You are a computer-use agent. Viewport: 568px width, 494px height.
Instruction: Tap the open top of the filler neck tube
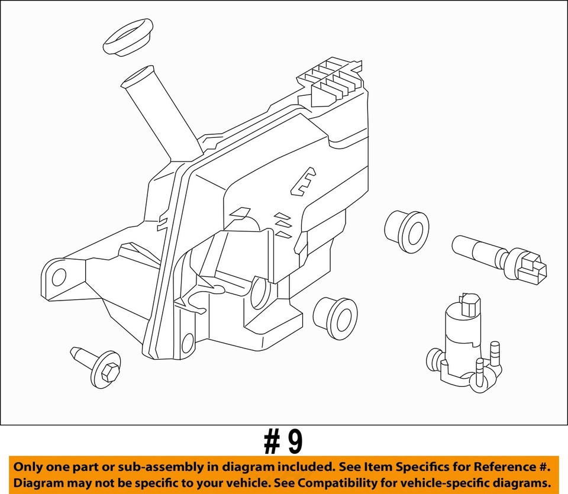pos(137,77)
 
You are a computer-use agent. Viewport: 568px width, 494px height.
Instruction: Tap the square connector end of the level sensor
pos(531,269)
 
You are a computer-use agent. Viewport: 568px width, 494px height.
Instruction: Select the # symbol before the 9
pos(272,442)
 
